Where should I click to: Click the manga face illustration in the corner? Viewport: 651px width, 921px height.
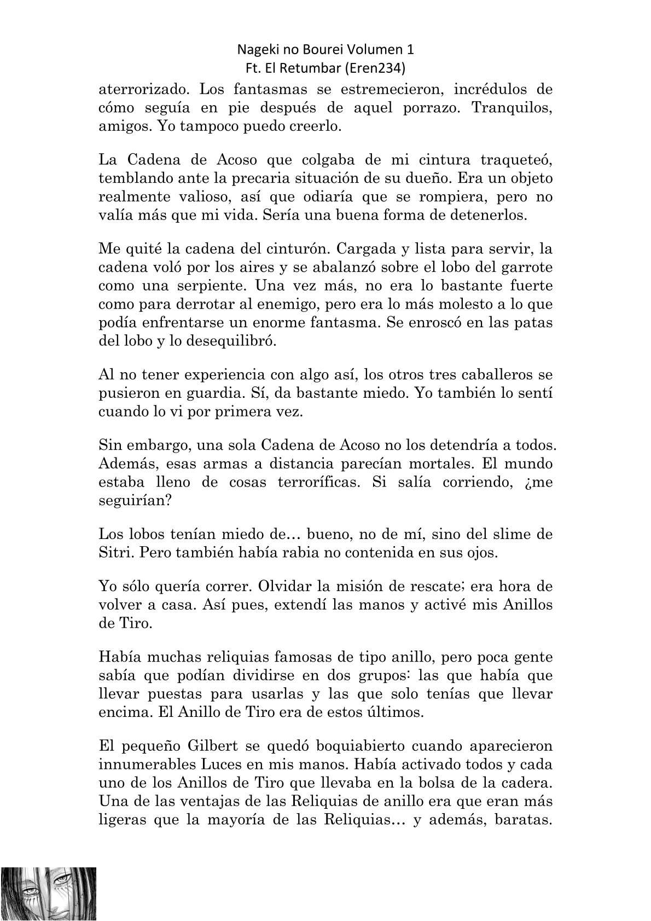[49, 894]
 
